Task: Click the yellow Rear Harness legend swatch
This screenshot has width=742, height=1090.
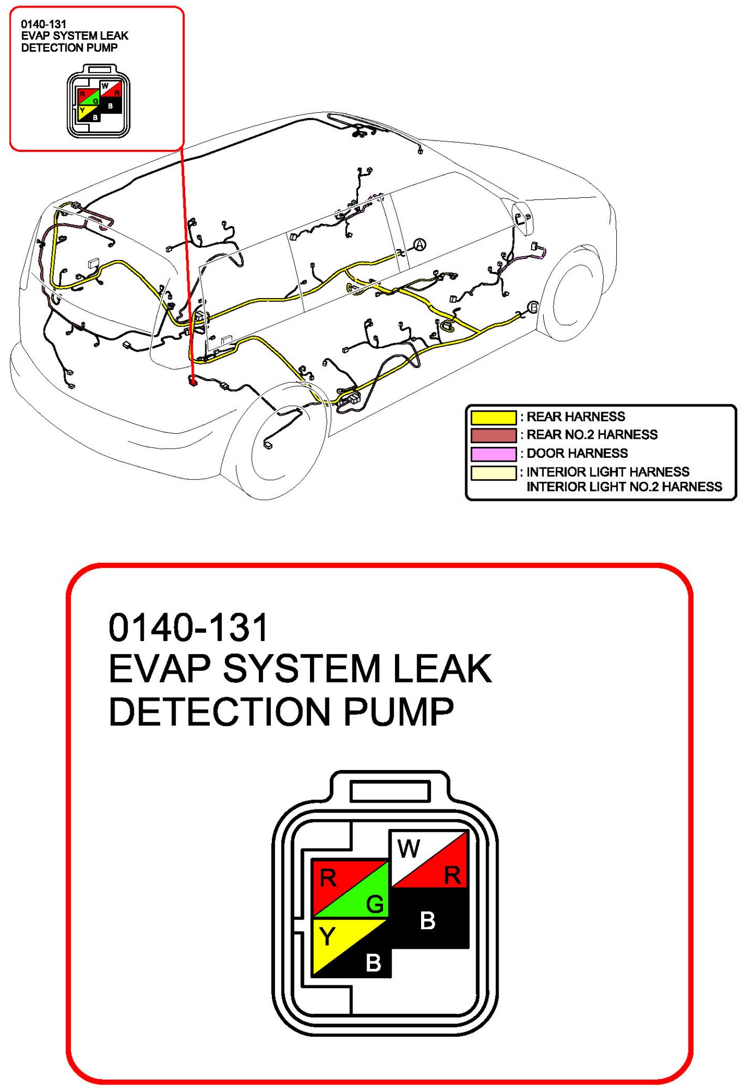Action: tap(493, 417)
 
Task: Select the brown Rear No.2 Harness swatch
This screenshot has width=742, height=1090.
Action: tap(493, 435)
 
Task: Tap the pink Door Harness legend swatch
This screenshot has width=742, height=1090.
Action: tap(493, 454)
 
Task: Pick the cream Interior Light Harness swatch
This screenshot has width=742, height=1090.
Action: tap(493, 473)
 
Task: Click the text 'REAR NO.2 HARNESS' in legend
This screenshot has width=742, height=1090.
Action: tap(592, 434)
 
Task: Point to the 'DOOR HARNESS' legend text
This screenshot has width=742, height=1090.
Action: tap(577, 453)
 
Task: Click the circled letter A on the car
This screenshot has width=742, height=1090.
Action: tap(419, 245)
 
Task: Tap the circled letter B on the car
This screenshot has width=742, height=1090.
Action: tap(533, 307)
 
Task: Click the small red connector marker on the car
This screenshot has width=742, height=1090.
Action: tap(192, 381)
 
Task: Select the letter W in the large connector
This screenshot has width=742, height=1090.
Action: tap(409, 849)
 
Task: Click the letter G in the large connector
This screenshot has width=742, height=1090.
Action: tap(375, 904)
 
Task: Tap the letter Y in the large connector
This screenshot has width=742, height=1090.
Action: tap(327, 937)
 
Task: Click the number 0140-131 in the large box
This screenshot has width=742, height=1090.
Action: tap(188, 627)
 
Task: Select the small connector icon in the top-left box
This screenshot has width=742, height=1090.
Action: tap(99, 101)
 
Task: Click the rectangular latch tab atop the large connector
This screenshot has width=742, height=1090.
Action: tap(390, 791)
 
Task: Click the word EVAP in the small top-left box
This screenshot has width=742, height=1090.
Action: tap(35, 36)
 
